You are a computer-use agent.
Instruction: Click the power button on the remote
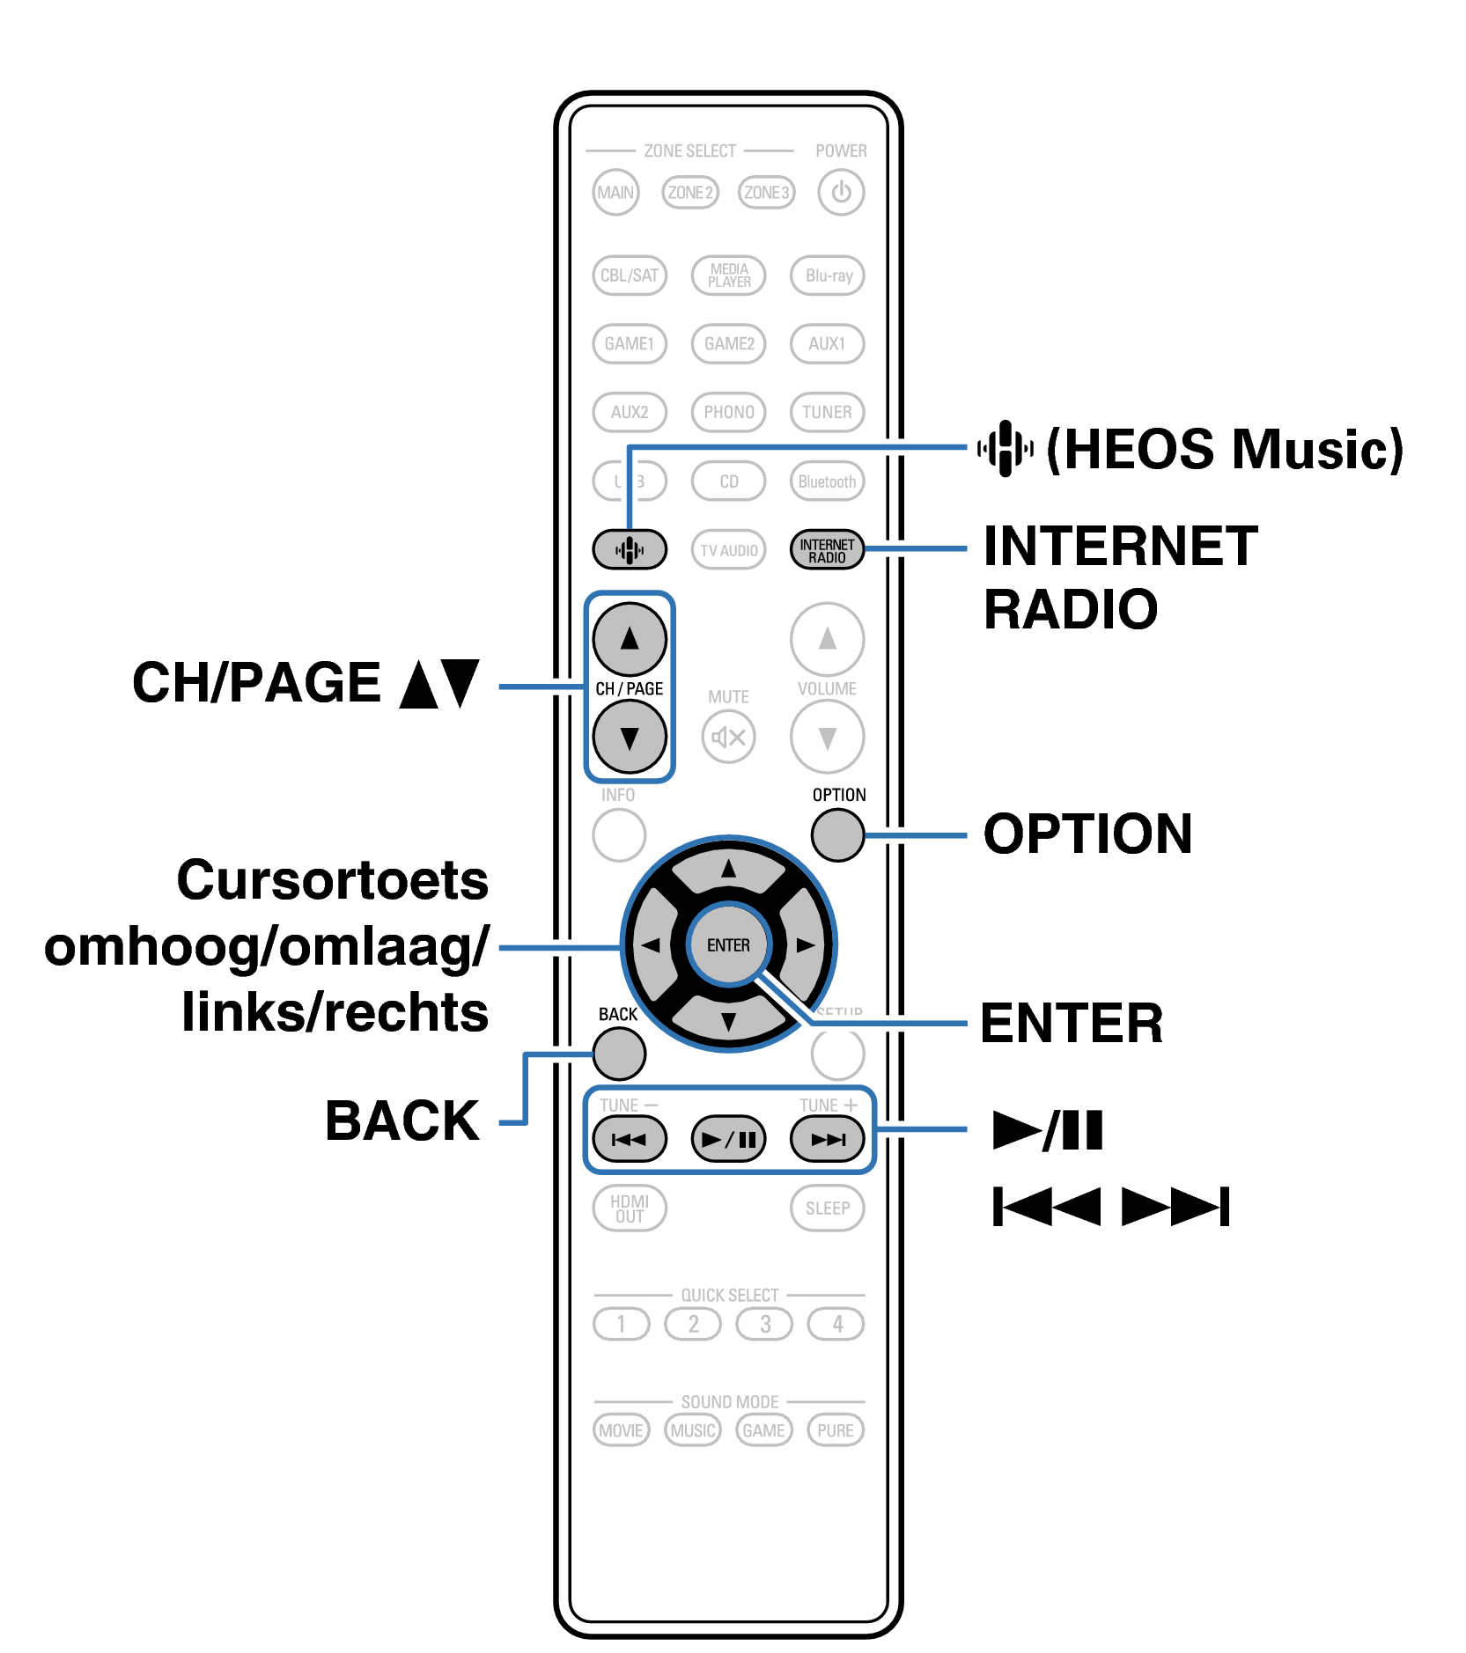[x=840, y=192]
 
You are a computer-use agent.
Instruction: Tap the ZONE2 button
[x=689, y=192]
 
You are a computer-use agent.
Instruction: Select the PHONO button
[x=728, y=412]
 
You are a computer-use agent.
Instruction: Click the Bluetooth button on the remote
[x=827, y=481]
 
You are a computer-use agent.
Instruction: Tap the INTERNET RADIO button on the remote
[x=827, y=550]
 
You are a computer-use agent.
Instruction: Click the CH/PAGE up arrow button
[x=629, y=639]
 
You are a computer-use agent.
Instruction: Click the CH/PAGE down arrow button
[x=629, y=738]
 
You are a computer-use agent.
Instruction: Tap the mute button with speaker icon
[x=728, y=738]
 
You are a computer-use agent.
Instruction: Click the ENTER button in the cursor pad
[x=728, y=945]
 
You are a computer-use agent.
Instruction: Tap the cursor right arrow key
[x=803, y=945]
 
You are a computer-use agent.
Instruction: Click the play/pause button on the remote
[x=728, y=1140]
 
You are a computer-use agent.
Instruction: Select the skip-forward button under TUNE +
[x=827, y=1140]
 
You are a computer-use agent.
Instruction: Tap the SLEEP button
[x=827, y=1209]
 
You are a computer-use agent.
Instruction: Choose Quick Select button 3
[x=764, y=1324]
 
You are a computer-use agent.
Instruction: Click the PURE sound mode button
[x=835, y=1430]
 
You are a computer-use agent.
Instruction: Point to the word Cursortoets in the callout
[x=332, y=879]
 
